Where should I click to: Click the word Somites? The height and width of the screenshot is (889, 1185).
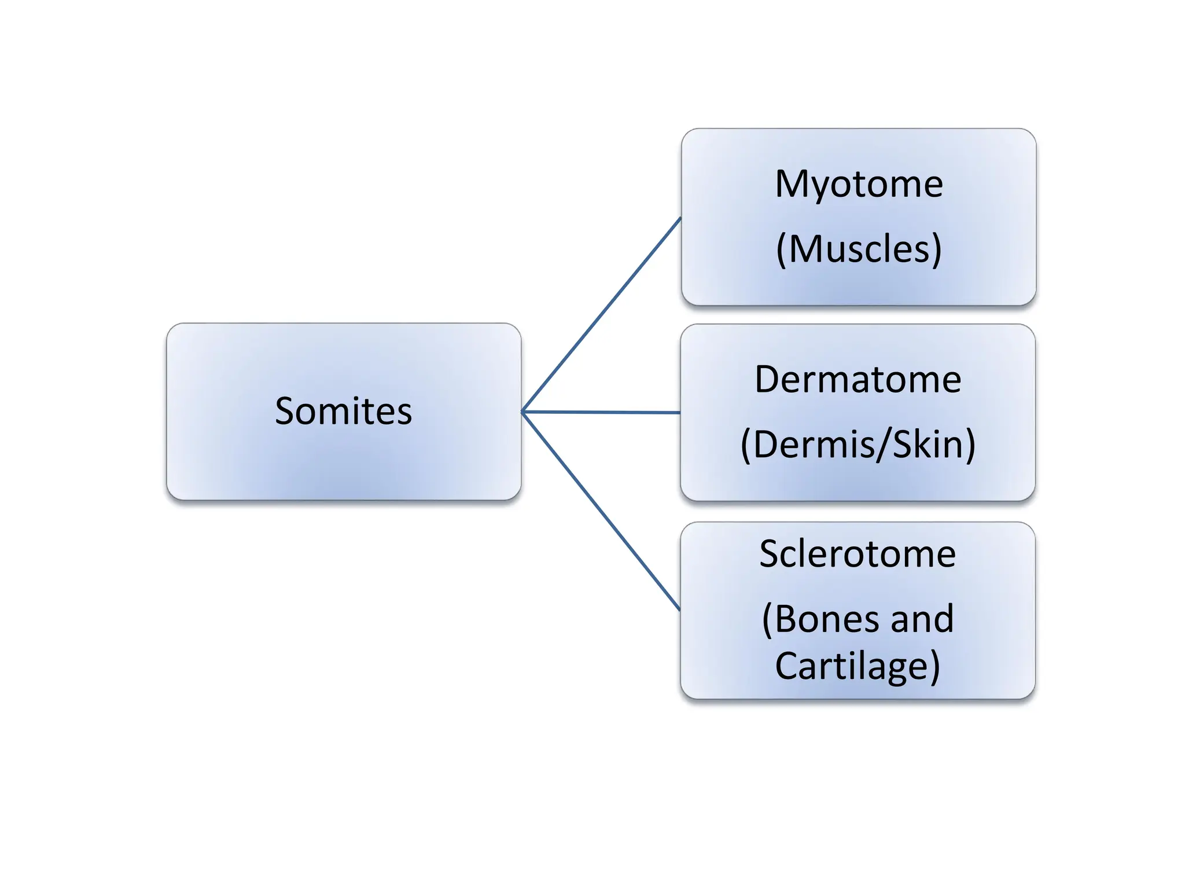tap(343, 412)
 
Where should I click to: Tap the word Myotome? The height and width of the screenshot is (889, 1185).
tap(859, 184)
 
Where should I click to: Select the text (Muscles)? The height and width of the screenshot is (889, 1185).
tap(859, 249)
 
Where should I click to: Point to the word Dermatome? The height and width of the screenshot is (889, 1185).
tap(858, 380)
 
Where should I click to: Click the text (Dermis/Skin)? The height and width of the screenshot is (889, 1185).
tap(858, 444)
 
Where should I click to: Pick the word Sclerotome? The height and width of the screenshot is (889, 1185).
tap(858, 554)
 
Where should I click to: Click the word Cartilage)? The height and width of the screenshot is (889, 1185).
tap(858, 666)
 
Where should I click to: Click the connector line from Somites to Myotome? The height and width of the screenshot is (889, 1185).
tap(602, 314)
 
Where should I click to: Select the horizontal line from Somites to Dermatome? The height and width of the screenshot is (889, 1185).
tap(602, 412)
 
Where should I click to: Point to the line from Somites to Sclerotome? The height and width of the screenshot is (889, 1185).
tap(602, 512)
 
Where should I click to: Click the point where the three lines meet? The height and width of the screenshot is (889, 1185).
tap(522, 412)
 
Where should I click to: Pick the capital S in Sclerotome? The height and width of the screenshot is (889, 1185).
tap(770, 554)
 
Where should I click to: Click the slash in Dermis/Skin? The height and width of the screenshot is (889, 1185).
tap(884, 444)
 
